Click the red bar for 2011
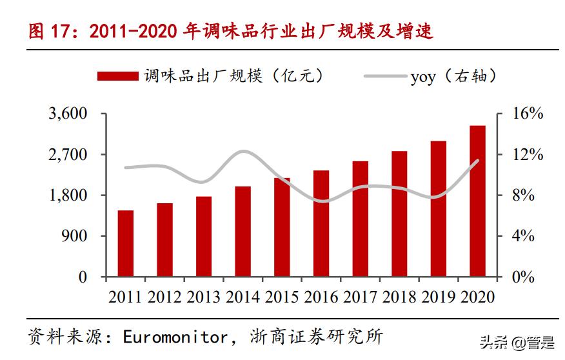pyautogui.click(x=126, y=243)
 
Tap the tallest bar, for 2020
pyautogui.click(x=477, y=201)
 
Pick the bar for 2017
pyautogui.click(x=360, y=219)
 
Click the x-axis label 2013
pyautogui.click(x=204, y=297)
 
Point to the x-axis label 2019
pyautogui.click(x=439, y=297)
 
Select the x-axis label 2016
pyautogui.click(x=321, y=297)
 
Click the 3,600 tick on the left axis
pyautogui.click(x=67, y=114)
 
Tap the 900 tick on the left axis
pyautogui.click(x=74, y=236)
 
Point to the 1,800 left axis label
pyautogui.click(x=67, y=195)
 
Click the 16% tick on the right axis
pyautogui.click(x=528, y=114)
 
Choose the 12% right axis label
pyautogui.click(x=528, y=155)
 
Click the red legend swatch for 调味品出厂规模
pyautogui.click(x=117, y=76)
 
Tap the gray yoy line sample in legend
pyautogui.click(x=385, y=76)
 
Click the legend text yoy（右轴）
pyautogui.click(x=453, y=77)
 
